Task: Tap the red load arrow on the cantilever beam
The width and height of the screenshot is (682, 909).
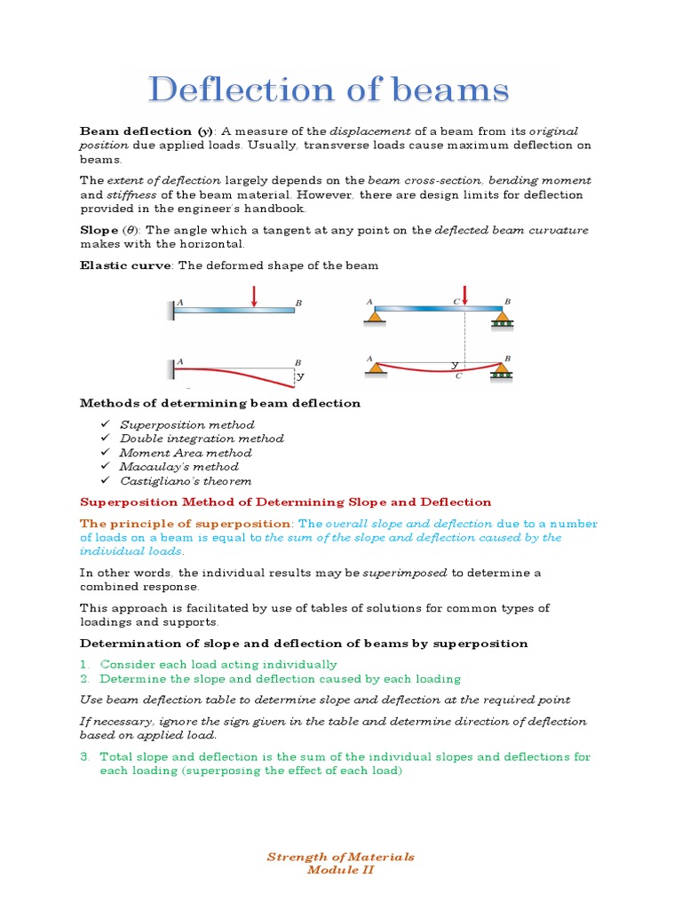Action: pos(254,296)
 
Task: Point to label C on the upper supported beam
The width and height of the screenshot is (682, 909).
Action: pos(456,302)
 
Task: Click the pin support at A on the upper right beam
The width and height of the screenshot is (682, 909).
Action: pos(376,317)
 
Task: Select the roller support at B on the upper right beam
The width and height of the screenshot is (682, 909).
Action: pos(503,319)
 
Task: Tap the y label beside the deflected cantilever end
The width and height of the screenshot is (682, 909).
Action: pos(300,375)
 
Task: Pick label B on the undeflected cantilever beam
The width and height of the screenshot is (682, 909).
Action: pos(298,303)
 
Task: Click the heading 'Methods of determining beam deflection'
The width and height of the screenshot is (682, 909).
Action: pos(220,403)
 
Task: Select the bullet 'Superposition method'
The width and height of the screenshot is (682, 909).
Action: pos(186,424)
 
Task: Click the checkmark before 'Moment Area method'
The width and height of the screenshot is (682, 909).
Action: pos(105,452)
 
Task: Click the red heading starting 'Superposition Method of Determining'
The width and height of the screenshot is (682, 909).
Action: pos(285,502)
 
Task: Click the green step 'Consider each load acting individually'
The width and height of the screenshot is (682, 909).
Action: pos(218,664)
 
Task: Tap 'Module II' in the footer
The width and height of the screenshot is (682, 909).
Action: pos(341,870)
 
